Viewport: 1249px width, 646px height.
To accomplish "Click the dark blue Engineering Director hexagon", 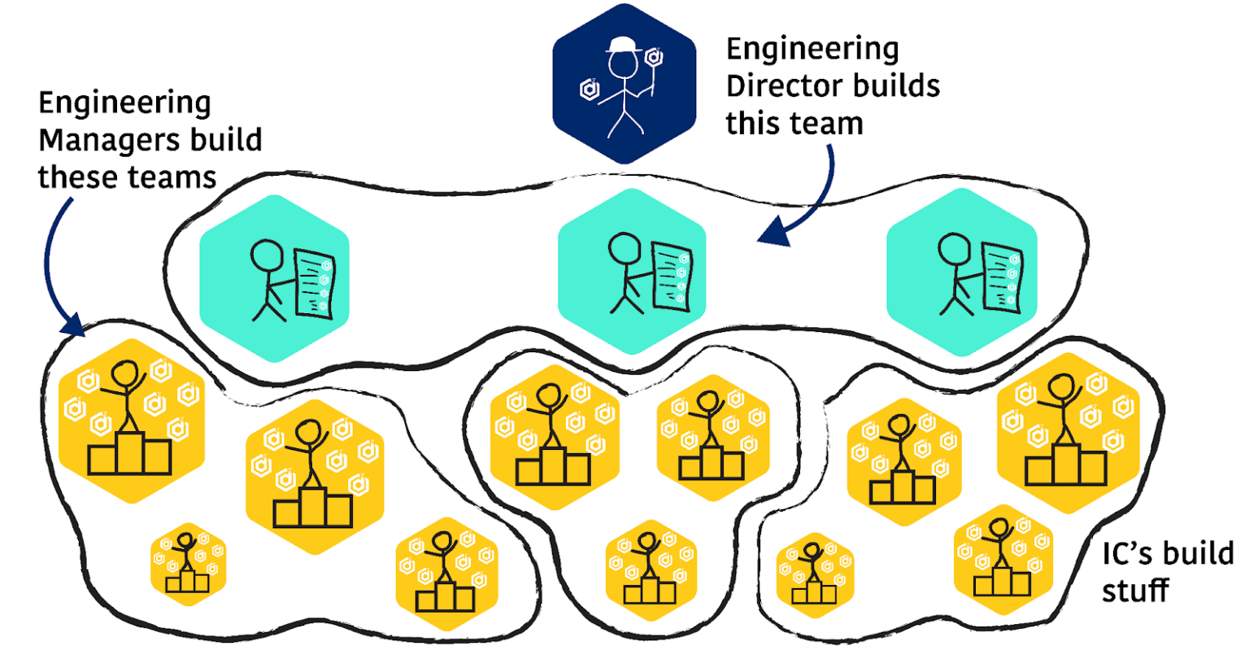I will pos(624,85).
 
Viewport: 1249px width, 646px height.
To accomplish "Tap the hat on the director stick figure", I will pos(624,45).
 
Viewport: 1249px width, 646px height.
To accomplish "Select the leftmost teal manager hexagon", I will pos(274,277).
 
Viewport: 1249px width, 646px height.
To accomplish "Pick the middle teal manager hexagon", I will pos(632,272).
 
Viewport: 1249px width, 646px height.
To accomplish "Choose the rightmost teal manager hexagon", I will pos(961,272).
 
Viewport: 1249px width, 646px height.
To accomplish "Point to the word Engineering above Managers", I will pos(124,103).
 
